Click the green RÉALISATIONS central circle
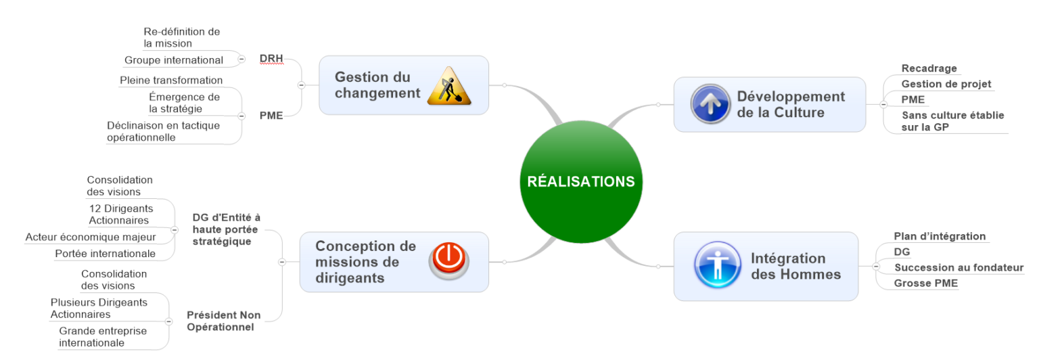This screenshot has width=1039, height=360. [580, 181]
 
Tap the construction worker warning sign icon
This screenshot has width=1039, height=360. [449, 86]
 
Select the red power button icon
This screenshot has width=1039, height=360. [448, 261]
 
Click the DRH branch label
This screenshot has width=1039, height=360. [271, 59]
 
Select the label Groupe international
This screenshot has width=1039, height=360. [173, 60]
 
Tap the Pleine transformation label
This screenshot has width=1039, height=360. [171, 81]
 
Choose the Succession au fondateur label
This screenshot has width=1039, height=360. [959, 267]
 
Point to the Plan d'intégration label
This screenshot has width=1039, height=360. [940, 236]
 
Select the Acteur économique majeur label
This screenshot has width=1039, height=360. [91, 237]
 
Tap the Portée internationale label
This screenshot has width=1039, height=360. [105, 254]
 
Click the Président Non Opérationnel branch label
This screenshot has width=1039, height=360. [223, 321]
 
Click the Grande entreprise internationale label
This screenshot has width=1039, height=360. [102, 336]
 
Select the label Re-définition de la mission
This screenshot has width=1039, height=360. [181, 37]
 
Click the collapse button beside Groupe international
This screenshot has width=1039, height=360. [241, 60]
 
